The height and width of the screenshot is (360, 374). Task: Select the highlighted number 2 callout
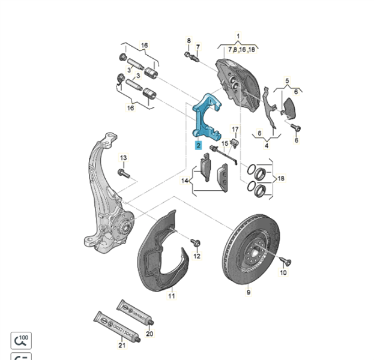(198, 145)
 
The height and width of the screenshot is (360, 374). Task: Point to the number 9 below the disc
(248, 293)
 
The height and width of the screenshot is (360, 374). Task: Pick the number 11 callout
(171, 296)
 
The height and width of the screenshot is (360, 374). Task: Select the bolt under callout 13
(124, 173)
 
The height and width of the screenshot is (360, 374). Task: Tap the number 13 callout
(124, 158)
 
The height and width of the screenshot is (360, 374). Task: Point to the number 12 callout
(197, 256)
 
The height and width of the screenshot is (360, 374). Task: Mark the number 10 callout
(283, 273)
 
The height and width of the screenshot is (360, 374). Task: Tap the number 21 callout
(122, 346)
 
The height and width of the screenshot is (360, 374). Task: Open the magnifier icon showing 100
(21, 340)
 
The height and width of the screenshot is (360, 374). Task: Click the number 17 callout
(235, 130)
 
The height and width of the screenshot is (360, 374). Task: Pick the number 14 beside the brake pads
(186, 180)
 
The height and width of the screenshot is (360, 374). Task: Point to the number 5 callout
(287, 80)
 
